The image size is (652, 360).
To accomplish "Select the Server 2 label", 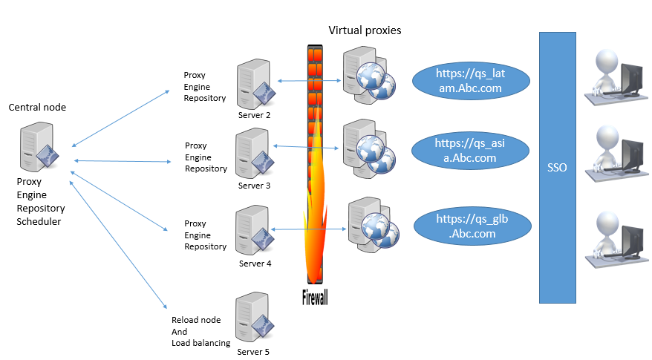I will (x=254, y=115).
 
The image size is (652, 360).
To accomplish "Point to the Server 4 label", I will (x=254, y=264).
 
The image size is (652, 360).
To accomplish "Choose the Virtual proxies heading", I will (x=365, y=30).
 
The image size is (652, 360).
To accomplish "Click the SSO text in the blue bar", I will (x=556, y=168).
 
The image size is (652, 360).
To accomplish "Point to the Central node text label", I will (x=37, y=108).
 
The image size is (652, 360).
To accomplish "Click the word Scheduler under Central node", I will (x=39, y=221).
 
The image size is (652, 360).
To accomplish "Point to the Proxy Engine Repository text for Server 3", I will (x=206, y=157).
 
